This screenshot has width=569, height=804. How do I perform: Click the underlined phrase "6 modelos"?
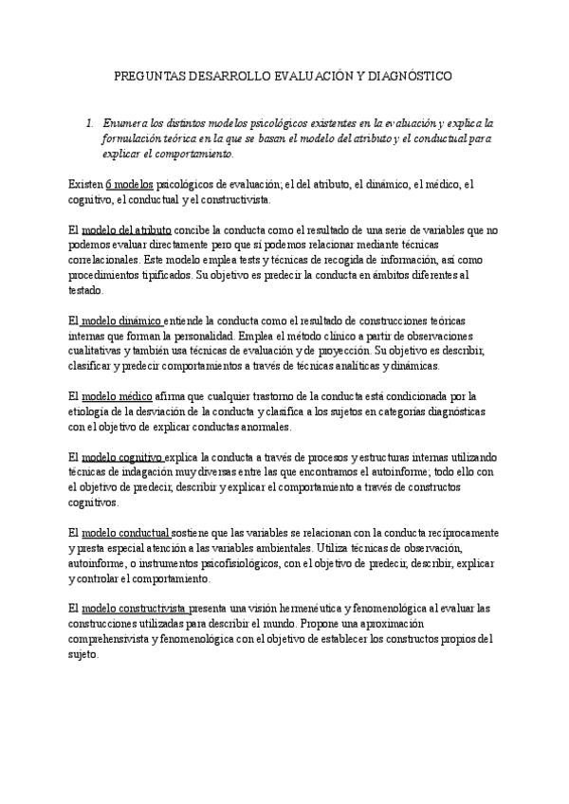(129, 185)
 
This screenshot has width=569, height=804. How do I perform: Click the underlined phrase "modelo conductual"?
(127, 533)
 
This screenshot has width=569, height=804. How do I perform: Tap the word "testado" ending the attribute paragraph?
(88, 289)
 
